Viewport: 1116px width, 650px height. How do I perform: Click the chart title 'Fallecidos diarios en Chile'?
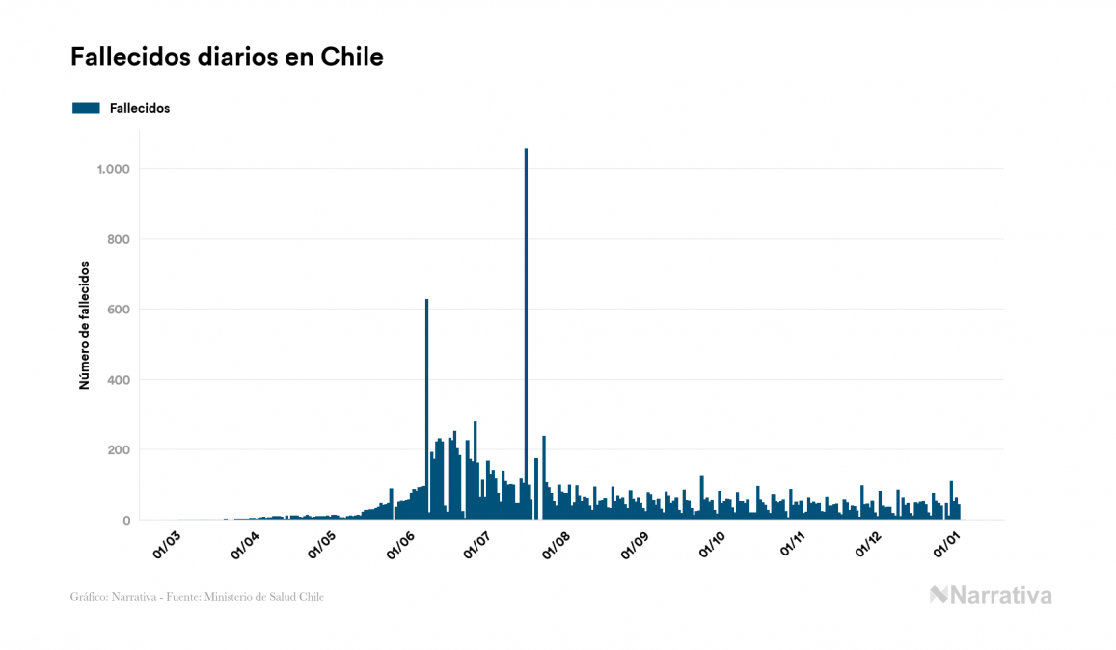227,57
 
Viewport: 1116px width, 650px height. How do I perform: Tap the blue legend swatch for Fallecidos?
86,108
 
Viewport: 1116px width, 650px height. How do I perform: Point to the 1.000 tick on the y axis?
113,169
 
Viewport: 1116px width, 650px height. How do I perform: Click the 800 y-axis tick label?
118,239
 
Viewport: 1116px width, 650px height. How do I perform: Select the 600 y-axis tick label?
118,310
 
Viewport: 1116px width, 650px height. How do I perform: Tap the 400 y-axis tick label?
118,380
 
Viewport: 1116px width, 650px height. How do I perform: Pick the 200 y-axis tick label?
118,450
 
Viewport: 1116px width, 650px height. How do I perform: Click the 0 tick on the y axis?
125,521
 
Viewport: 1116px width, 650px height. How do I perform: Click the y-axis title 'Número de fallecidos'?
84,325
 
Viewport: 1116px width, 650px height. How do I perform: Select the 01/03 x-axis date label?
166,546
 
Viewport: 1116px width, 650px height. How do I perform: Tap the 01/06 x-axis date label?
400,546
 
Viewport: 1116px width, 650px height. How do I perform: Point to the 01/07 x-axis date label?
478,546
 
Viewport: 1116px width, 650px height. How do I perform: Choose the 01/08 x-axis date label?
558,546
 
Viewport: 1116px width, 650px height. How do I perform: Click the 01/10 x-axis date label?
714,546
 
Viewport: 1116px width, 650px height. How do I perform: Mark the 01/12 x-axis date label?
870,546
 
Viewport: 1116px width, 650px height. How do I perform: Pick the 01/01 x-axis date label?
947,546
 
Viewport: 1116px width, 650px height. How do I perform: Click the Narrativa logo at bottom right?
991,595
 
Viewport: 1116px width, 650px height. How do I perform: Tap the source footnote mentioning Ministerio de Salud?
197,597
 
